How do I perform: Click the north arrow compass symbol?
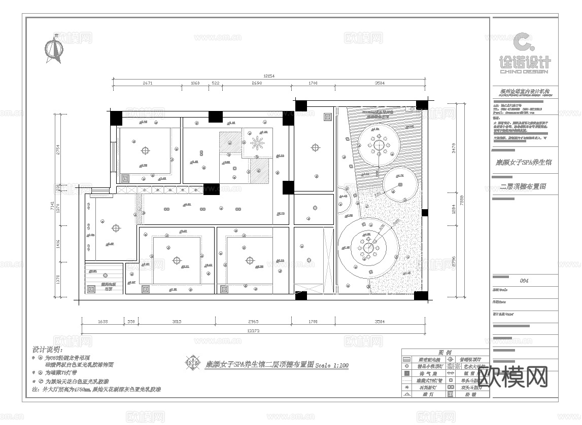pyautogui.click(x=54, y=50)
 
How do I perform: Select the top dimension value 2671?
pyautogui.click(x=147, y=83)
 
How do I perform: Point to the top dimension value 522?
pyautogui.click(x=216, y=83)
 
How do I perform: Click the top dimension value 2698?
pyautogui.click(x=256, y=83)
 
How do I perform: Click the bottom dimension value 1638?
pyautogui.click(x=102, y=322)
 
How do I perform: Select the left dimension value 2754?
pyautogui.click(x=58, y=150)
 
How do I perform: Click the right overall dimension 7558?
pyautogui.click(x=461, y=201)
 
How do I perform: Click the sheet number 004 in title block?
pyautogui.click(x=525, y=281)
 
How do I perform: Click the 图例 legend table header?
pyautogui.click(x=445, y=353)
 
